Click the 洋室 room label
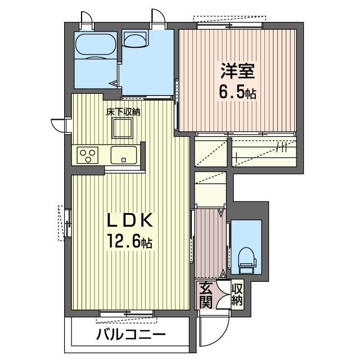pos(238,73)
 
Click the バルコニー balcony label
pos(130,335)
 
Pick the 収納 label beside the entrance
pos(237,295)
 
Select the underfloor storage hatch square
pos(123,129)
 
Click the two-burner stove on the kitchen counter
pos(87,154)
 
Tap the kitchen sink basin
pos(124,154)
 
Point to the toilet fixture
pos(247,259)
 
